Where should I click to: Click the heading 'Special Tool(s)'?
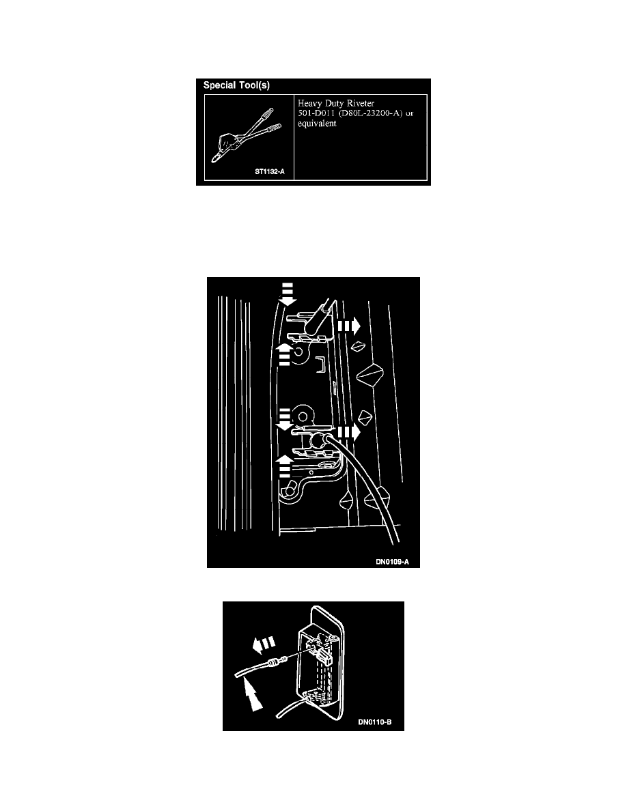(x=236, y=85)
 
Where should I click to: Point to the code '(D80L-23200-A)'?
(x=370, y=113)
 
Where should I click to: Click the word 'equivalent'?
(x=317, y=124)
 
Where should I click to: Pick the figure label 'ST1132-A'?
(x=270, y=172)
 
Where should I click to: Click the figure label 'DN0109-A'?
(x=392, y=562)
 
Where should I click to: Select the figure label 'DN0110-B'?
(x=374, y=722)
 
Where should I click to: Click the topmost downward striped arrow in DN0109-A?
(x=287, y=294)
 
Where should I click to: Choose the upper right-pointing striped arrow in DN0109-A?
(x=349, y=326)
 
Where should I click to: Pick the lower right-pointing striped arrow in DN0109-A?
(x=349, y=432)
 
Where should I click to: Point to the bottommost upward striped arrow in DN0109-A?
(x=284, y=466)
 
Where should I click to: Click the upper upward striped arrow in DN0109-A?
(x=284, y=355)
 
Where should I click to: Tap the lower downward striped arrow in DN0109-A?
(x=284, y=419)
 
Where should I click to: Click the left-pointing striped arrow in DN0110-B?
(x=264, y=645)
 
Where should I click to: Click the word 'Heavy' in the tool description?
(x=310, y=104)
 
